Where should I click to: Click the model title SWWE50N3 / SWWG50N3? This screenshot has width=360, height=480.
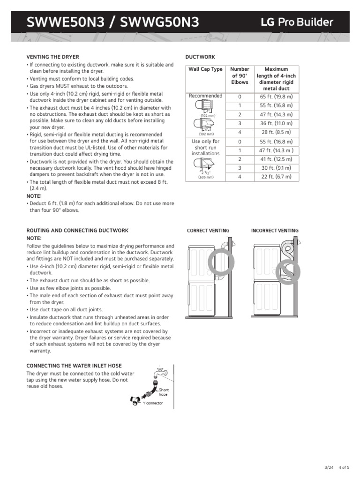pyautogui.click(x=113, y=22)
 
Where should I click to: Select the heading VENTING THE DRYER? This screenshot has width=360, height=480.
pyautogui.click(x=52, y=57)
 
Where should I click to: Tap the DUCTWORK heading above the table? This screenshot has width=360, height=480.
pyautogui.click(x=200, y=57)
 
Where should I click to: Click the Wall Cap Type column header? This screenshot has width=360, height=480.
pyautogui.click(x=205, y=69)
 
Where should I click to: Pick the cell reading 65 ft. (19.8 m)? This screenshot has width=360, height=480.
pyautogui.click(x=276, y=97)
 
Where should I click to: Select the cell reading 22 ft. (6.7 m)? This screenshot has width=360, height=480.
pyautogui.click(x=276, y=177)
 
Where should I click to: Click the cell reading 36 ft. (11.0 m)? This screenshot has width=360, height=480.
pyautogui.click(x=276, y=123)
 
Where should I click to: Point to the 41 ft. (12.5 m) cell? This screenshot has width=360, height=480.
pyautogui.click(x=276, y=159)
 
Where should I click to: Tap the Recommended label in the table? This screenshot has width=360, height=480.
pyautogui.click(x=205, y=96)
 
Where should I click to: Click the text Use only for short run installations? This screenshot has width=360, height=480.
pyautogui.click(x=205, y=147)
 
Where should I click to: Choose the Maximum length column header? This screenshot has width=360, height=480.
pyautogui.click(x=276, y=79)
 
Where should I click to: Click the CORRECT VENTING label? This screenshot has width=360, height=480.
pyautogui.click(x=208, y=231)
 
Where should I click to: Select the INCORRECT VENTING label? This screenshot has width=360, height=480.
pyautogui.click(x=275, y=231)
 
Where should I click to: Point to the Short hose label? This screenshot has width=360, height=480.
pyautogui.click(x=164, y=392)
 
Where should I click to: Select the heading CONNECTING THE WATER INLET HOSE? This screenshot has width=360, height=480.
pyautogui.click(x=74, y=366)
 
